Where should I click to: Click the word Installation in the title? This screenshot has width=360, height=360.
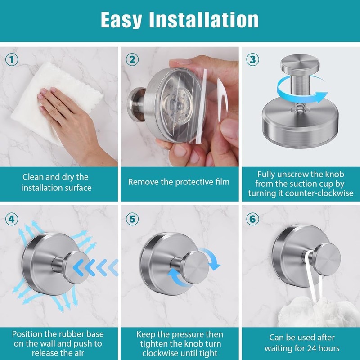[x=204, y=20]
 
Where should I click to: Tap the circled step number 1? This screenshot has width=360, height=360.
[x=12, y=60]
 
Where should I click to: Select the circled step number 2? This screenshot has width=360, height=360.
[x=132, y=60]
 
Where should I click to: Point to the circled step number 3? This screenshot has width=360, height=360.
[x=252, y=60]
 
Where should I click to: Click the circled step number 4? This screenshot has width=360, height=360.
[x=12, y=219]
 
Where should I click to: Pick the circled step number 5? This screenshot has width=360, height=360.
[x=132, y=219]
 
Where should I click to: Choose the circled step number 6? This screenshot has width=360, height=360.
[x=252, y=219]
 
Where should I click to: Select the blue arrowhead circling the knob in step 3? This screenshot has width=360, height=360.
[x=321, y=97]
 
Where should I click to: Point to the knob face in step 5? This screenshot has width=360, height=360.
[x=196, y=268]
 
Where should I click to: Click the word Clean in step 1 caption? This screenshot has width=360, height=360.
[x=33, y=177]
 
